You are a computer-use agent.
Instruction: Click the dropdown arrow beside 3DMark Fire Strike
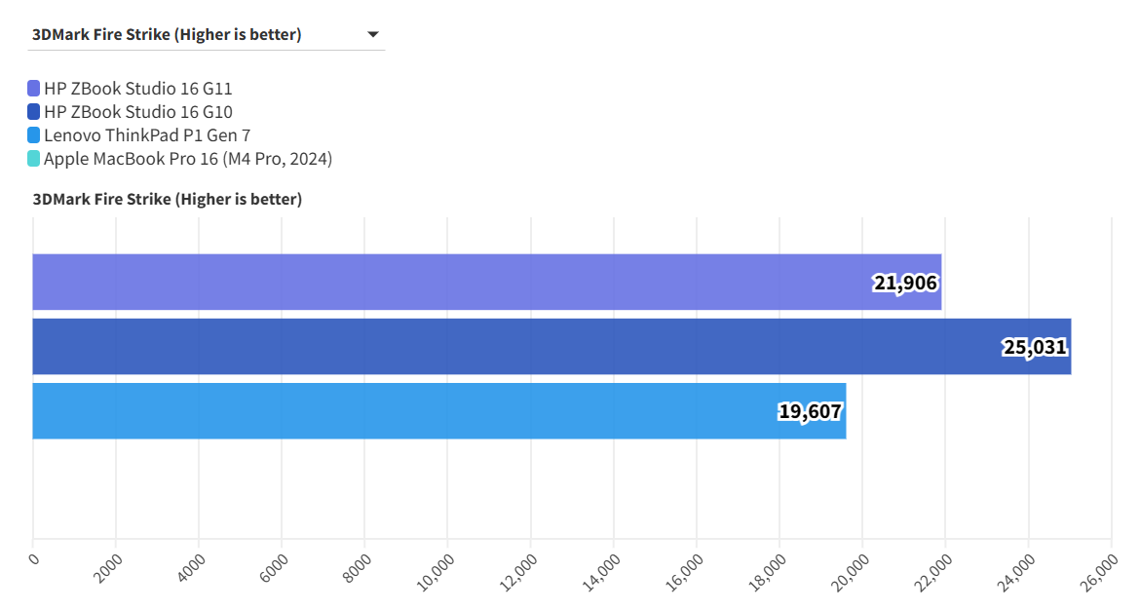coord(372,35)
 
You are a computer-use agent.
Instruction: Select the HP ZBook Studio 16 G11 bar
coord(487,283)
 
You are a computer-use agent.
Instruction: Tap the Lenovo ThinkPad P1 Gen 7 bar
coord(438,410)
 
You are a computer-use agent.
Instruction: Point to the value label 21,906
coord(905,284)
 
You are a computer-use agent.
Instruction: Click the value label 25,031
coord(1035,347)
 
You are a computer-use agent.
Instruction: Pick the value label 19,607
coord(810,411)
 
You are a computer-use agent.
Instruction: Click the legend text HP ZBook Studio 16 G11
coord(138,89)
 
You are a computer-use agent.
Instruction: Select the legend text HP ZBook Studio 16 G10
coord(138,112)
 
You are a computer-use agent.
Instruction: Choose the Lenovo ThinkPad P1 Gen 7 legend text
coord(147,135)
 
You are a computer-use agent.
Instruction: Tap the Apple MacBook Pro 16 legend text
coord(188,159)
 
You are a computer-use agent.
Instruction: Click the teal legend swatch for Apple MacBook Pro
coord(34,159)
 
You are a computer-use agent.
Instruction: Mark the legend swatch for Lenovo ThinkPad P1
coord(34,135)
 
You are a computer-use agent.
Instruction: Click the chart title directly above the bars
coord(168,200)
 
